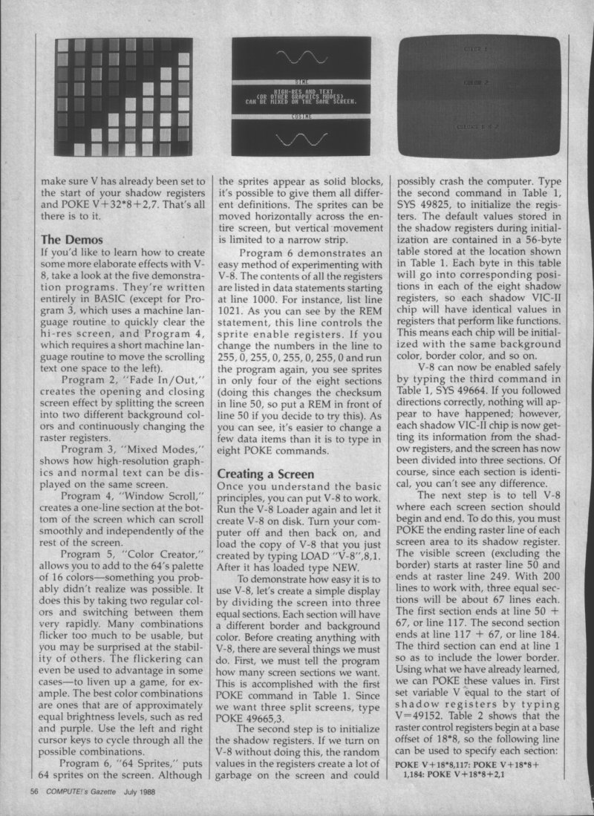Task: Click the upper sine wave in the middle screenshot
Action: (296, 57)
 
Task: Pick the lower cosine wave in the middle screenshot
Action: (296, 137)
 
